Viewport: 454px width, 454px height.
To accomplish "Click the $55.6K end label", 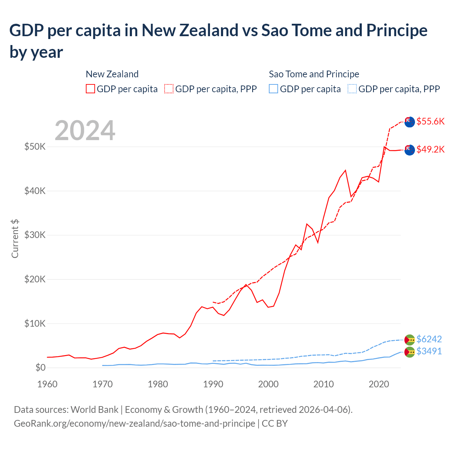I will (x=430, y=121).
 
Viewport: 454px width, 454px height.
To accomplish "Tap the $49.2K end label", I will (x=430, y=149).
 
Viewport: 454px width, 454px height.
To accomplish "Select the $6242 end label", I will (x=429, y=339).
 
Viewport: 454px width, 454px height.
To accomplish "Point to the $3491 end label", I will (x=429, y=351).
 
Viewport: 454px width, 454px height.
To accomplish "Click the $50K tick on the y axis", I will (x=35, y=146).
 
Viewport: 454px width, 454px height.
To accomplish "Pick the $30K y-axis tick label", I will (x=35, y=235).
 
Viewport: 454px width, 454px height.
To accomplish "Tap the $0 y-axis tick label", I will (x=40, y=367).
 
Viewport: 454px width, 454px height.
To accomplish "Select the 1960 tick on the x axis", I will (x=48, y=384).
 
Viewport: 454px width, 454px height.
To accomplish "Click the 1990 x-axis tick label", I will (x=213, y=384).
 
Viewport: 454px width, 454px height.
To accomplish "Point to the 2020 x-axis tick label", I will (x=379, y=384).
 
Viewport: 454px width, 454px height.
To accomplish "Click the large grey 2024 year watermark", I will (x=85, y=131).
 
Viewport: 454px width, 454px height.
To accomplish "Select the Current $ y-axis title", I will (x=15, y=238).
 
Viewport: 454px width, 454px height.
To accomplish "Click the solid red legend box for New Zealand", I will (x=90, y=89).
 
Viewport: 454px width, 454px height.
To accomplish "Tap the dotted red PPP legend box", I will (x=169, y=89).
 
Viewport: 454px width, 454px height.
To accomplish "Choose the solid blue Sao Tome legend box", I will (x=273, y=89).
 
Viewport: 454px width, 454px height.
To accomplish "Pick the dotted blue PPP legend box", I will (x=352, y=89).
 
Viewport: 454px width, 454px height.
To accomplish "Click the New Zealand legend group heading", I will (x=112, y=74).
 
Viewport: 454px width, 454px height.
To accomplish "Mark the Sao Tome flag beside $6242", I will (x=410, y=339).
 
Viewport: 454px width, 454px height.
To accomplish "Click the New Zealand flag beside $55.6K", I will (x=410, y=122).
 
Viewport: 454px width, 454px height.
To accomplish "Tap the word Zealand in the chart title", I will (x=209, y=31).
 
